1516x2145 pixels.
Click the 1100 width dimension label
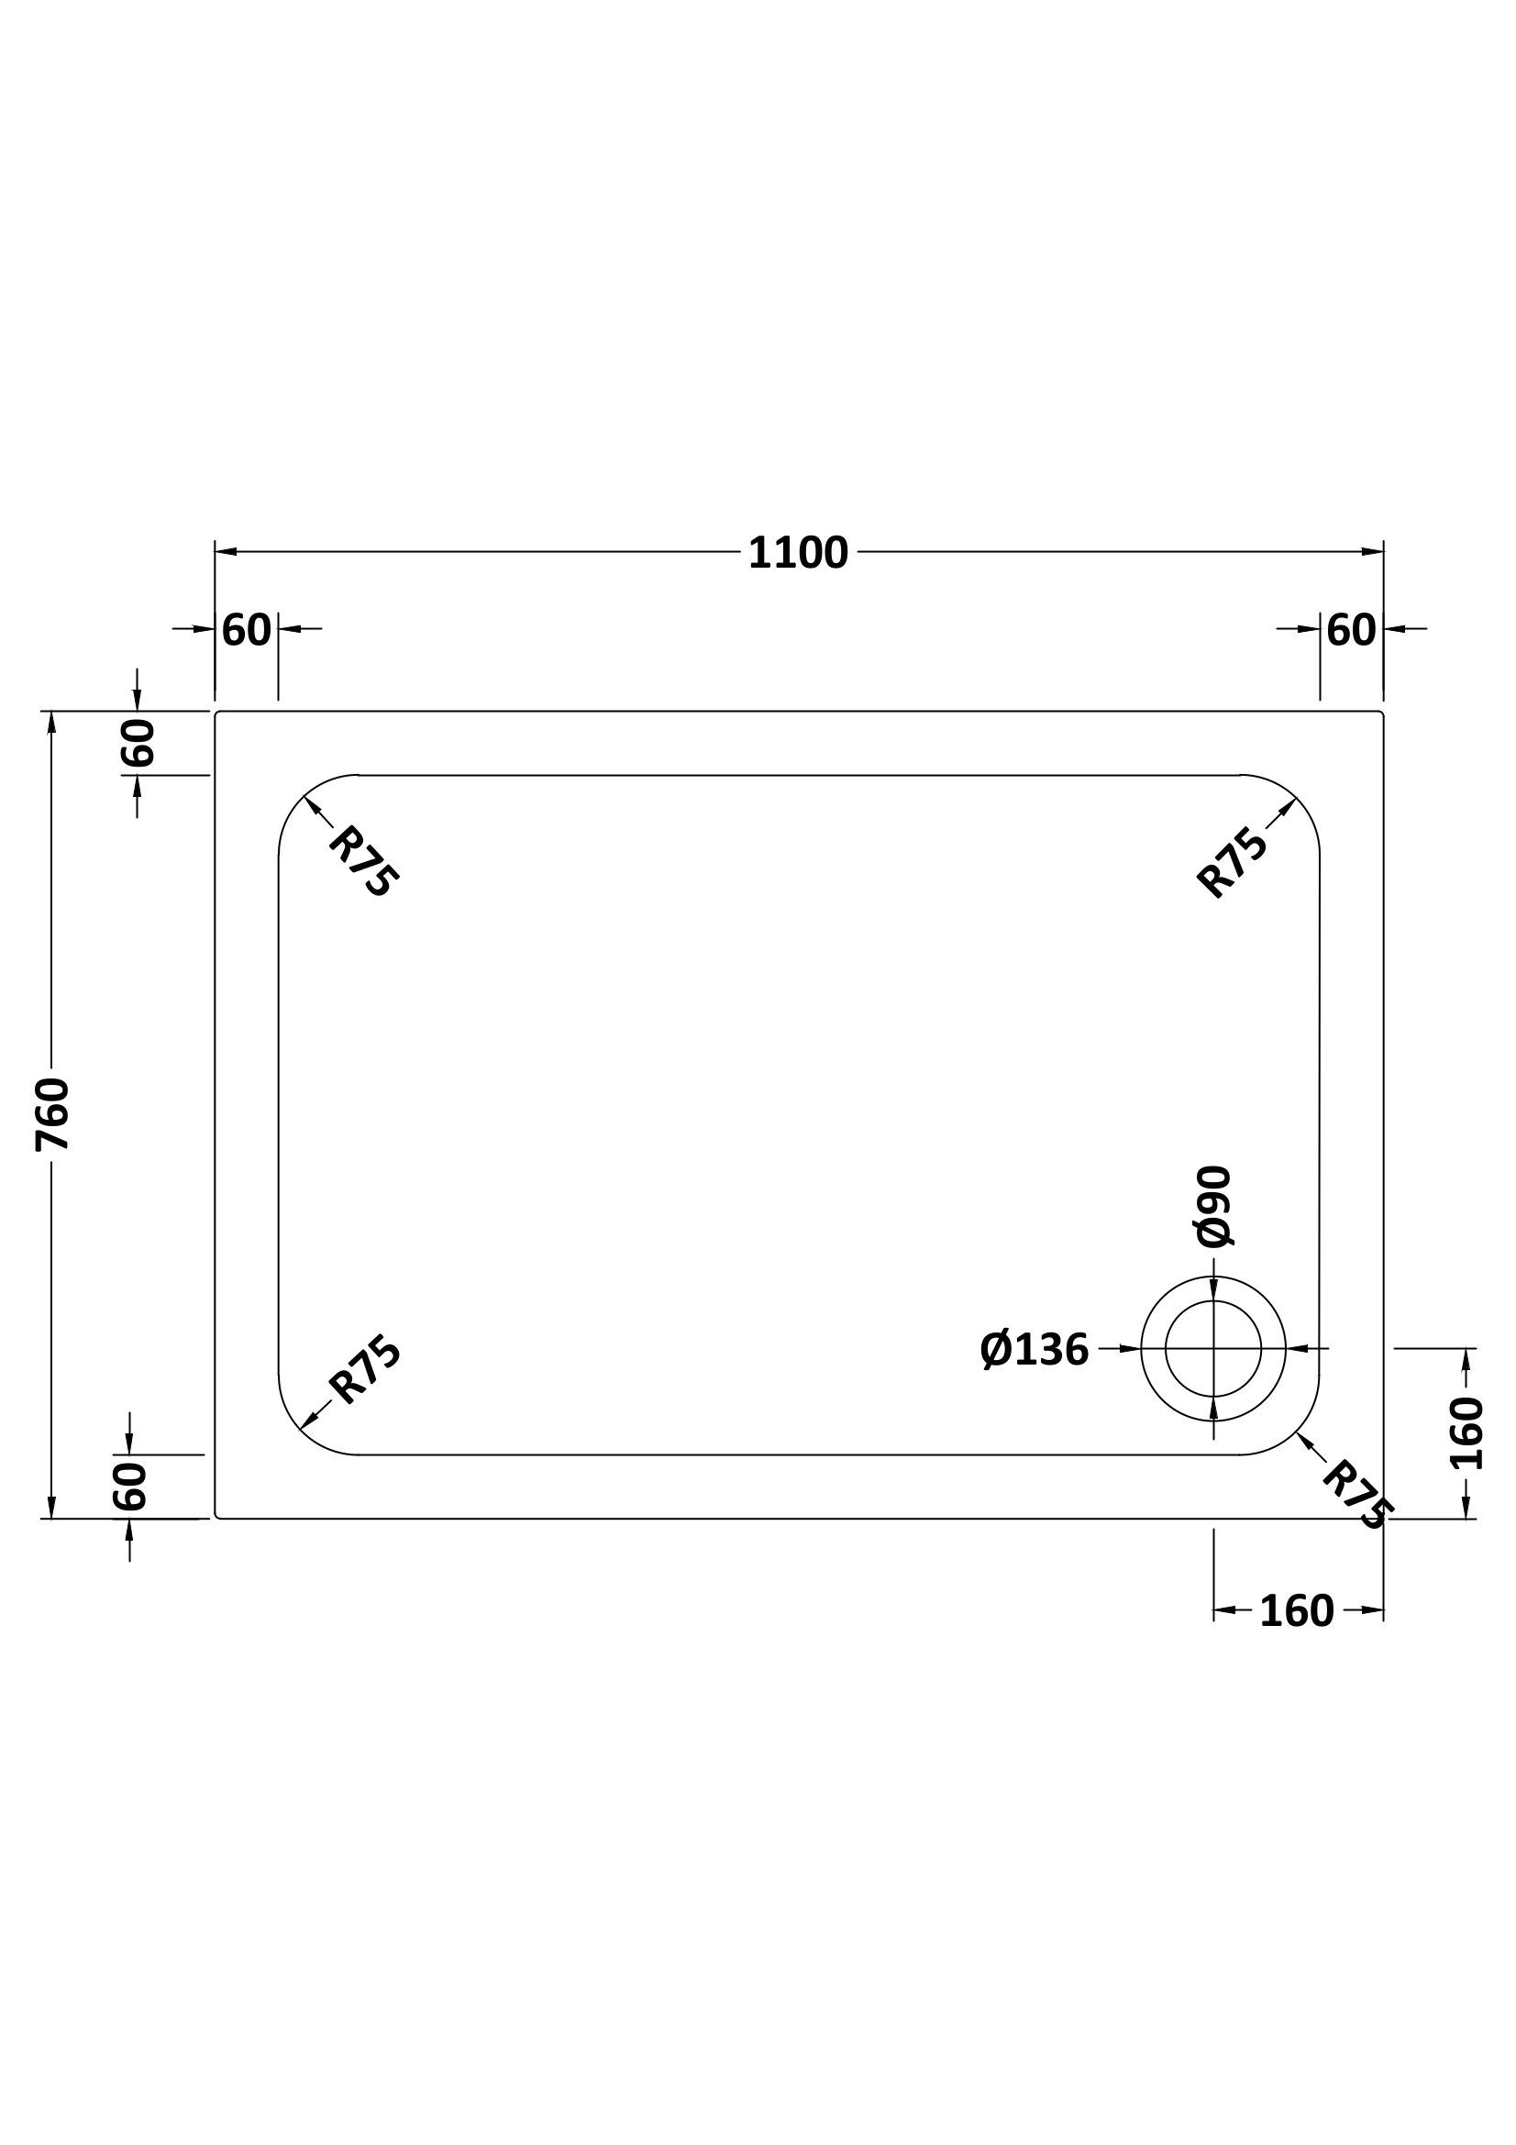coord(798,553)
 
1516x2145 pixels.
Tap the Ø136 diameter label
coord(1035,1350)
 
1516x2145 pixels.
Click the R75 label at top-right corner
coord(1232,863)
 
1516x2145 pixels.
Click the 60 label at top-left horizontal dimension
coord(247,631)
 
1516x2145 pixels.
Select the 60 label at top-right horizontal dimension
coord(1351,631)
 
